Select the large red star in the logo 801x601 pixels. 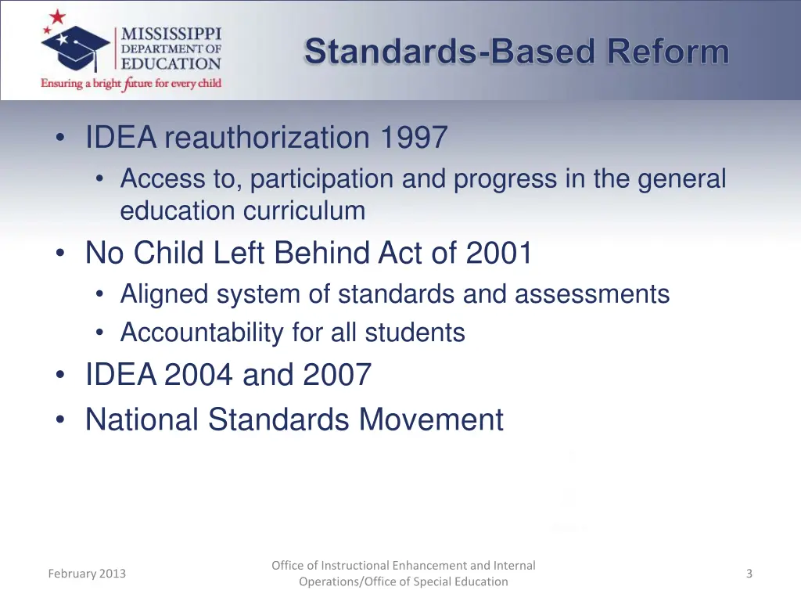point(58,17)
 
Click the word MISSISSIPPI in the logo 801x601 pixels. point(171,34)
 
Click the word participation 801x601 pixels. point(322,179)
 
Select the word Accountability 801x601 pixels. point(202,333)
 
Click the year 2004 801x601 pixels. point(198,375)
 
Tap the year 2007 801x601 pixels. point(336,375)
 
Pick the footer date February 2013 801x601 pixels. point(86,574)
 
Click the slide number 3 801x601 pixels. point(749,574)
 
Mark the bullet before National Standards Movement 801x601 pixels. point(60,420)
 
